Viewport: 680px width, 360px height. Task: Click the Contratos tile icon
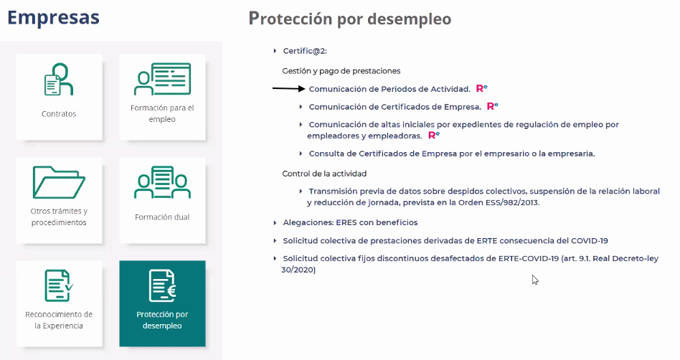(x=59, y=80)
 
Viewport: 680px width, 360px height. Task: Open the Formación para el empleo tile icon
(x=162, y=79)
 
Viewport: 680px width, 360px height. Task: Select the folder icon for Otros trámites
(x=59, y=182)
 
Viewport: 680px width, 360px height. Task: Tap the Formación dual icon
(x=162, y=182)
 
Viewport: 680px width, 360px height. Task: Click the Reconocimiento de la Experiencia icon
(x=59, y=285)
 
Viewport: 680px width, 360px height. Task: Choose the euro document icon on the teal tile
(x=162, y=285)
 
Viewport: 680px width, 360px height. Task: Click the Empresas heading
(x=53, y=17)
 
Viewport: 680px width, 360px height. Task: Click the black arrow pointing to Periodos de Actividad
(x=289, y=88)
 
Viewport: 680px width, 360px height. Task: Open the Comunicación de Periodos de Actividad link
(x=389, y=89)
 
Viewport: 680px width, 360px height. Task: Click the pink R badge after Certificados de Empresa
(x=493, y=106)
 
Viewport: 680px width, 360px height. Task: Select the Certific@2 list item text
(x=305, y=51)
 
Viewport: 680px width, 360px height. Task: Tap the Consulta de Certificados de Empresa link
(x=451, y=153)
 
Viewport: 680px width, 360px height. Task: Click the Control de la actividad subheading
(x=324, y=174)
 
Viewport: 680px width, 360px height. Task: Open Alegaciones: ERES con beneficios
(x=351, y=222)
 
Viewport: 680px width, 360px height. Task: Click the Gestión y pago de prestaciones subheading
(x=341, y=71)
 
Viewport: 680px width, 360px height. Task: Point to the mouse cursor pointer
(x=534, y=280)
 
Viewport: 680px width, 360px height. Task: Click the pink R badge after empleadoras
(x=434, y=136)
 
